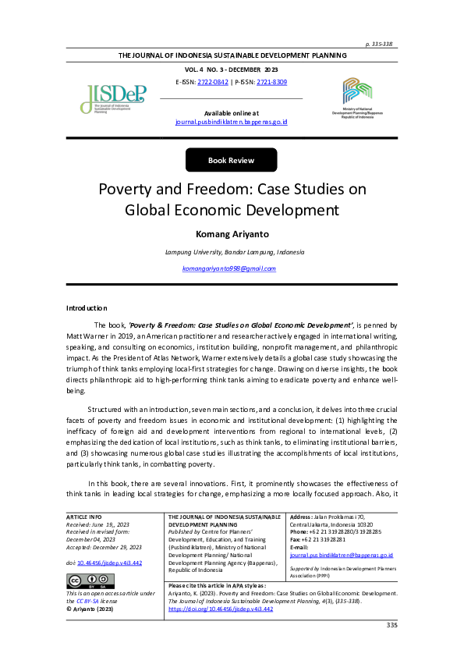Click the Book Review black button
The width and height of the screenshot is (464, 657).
tap(231, 160)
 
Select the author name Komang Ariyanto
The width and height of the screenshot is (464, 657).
tap(231, 233)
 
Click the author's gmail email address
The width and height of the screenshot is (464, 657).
tap(229, 268)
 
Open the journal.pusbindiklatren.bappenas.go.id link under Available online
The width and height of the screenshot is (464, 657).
tap(232, 123)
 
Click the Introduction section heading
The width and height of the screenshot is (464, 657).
tap(87, 308)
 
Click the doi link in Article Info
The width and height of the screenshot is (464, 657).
tap(98, 562)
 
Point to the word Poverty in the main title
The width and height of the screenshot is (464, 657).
tap(127, 190)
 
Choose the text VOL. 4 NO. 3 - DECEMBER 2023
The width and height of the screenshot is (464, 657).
tap(231, 69)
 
